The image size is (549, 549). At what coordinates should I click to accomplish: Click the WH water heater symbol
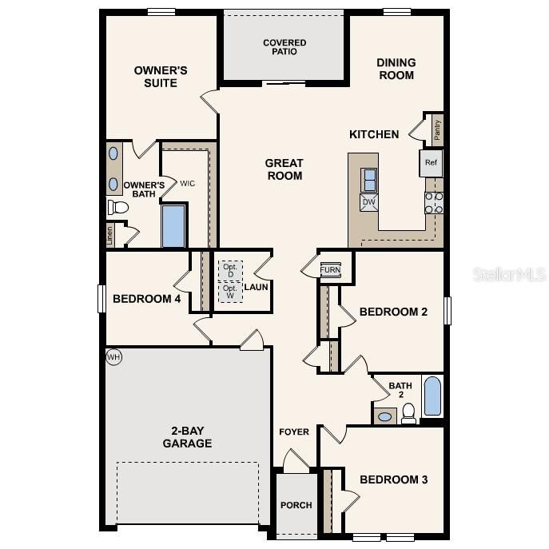pyautogui.click(x=113, y=357)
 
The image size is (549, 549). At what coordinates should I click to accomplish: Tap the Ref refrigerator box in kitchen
pyautogui.click(x=431, y=163)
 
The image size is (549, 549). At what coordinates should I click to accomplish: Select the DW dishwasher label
pyautogui.click(x=369, y=202)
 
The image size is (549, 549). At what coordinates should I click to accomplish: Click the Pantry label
pyautogui.click(x=436, y=128)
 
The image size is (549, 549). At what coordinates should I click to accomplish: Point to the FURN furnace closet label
pyautogui.click(x=330, y=270)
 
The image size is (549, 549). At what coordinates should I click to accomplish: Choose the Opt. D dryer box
pyautogui.click(x=230, y=270)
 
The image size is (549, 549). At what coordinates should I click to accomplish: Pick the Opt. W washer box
pyautogui.click(x=230, y=292)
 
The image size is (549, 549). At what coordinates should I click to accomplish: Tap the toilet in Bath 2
pyautogui.click(x=409, y=412)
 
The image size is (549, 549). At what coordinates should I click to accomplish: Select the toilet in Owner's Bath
pyautogui.click(x=118, y=208)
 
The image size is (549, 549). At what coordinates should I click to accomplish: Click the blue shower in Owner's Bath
pyautogui.click(x=173, y=227)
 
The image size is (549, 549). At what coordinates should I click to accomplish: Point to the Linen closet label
pyautogui.click(x=109, y=235)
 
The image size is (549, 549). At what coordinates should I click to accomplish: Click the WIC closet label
pyautogui.click(x=187, y=184)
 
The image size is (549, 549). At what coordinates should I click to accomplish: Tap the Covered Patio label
pyautogui.click(x=284, y=47)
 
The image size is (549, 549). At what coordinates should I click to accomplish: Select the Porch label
pyautogui.click(x=296, y=505)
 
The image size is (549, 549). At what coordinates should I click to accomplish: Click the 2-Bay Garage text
pyautogui.click(x=187, y=436)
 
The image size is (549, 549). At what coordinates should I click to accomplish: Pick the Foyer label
pyautogui.click(x=294, y=432)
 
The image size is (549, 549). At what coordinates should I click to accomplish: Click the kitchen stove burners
pyautogui.click(x=433, y=203)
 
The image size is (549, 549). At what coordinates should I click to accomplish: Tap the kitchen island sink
pyautogui.click(x=370, y=180)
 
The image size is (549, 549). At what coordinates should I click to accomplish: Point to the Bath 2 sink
pyautogui.click(x=385, y=416)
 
